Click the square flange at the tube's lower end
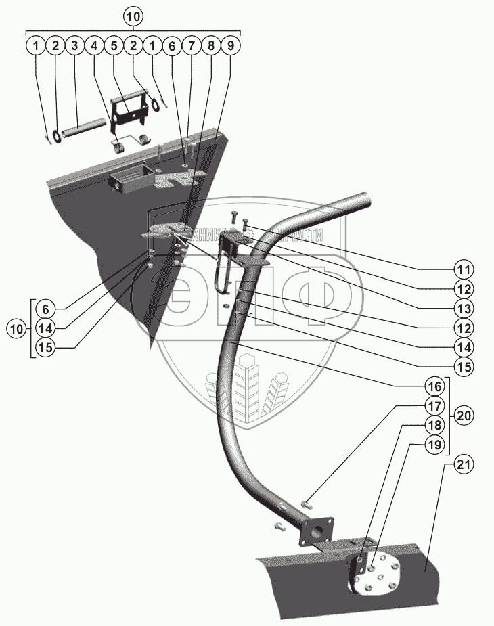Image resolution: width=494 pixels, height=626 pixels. click(x=317, y=531)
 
